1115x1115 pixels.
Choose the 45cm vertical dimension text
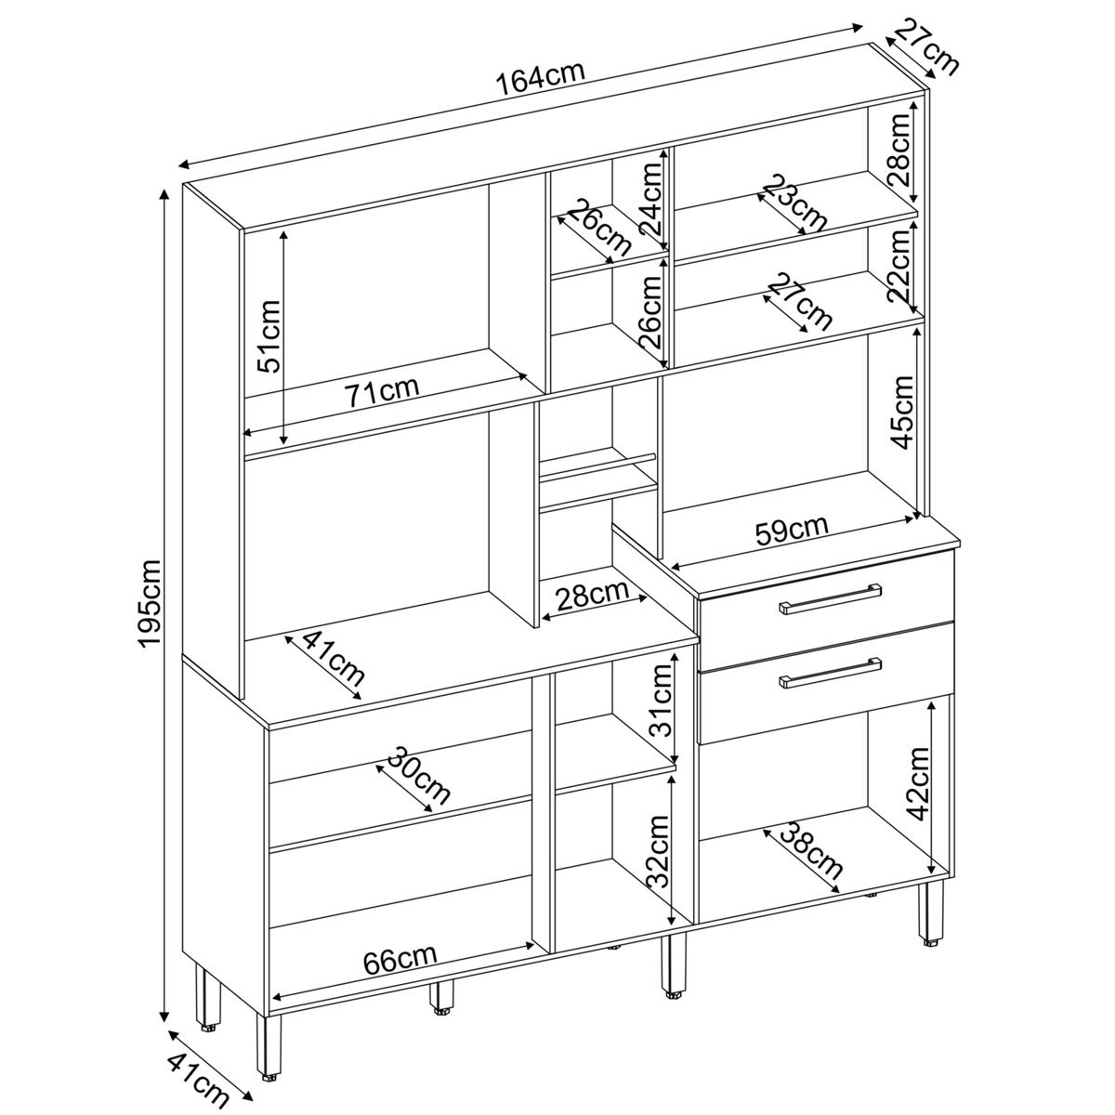pos(901,412)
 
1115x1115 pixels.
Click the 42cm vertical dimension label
pos(917,784)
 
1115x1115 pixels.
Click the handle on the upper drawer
pos(831,597)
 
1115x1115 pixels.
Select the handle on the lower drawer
pos(831,673)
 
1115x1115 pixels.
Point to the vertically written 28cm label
pos(900,149)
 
